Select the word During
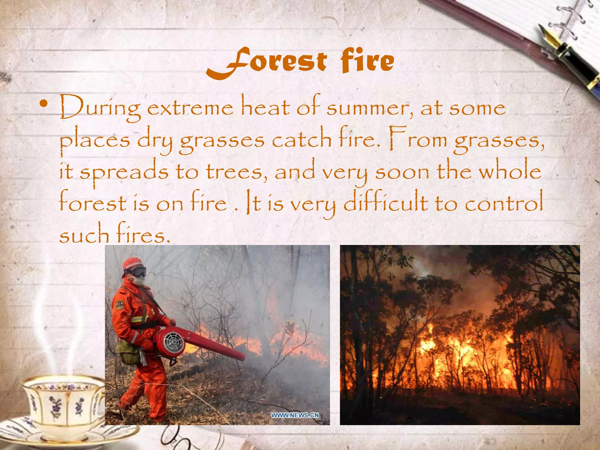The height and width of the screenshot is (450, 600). (100, 109)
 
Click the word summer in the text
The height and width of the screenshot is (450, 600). (369, 108)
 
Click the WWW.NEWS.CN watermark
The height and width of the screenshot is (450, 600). (295, 415)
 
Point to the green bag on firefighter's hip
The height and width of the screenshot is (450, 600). (128, 353)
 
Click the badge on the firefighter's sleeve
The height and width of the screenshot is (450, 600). (119, 305)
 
